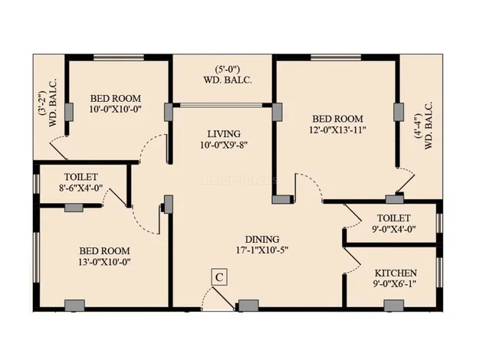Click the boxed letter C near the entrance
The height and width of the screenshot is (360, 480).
click(x=219, y=277)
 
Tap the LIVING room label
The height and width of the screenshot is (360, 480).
click(x=224, y=134)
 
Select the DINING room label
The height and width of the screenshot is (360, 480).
click(x=262, y=239)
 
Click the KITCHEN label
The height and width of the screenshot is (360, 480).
click(x=396, y=273)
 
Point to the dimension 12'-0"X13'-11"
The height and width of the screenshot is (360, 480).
click(x=337, y=130)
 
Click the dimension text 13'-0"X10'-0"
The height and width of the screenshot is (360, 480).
click(x=104, y=262)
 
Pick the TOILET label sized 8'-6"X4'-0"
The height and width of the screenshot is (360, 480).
click(x=81, y=177)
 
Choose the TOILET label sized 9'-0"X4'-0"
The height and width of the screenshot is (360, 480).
click(x=393, y=218)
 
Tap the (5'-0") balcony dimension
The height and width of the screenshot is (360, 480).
click(x=227, y=69)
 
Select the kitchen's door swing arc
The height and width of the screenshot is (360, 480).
click(x=353, y=261)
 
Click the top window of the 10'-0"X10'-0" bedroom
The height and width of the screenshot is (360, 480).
click(x=119, y=57)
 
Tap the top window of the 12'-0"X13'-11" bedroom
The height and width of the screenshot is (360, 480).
click(x=336, y=57)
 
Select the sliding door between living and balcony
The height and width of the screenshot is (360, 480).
click(x=221, y=105)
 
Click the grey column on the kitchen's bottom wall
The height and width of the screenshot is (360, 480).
click(x=393, y=306)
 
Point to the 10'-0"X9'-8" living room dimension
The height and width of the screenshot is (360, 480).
click(x=224, y=145)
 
